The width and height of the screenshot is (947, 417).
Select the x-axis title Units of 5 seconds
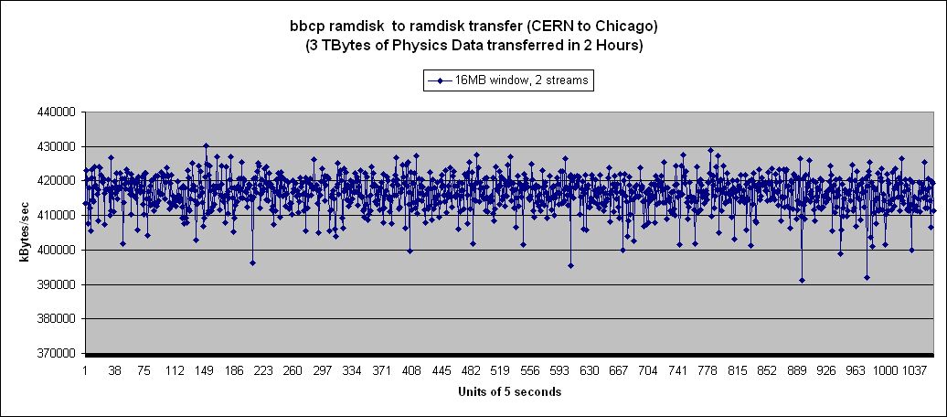(509, 391)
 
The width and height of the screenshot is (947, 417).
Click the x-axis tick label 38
(114, 371)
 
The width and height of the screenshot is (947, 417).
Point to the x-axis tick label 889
(797, 371)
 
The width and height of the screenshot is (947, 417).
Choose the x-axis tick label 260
(293, 371)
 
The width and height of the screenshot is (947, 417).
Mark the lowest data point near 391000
(802, 280)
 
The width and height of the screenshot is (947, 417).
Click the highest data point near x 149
(206, 145)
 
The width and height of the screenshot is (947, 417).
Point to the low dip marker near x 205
(252, 262)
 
